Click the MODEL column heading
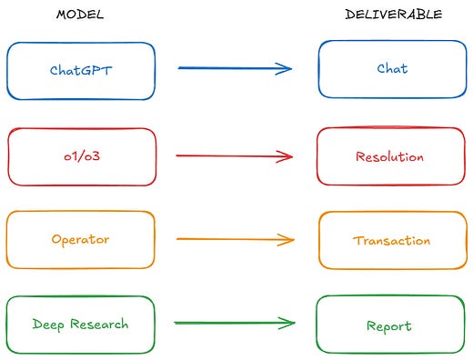click(x=79, y=15)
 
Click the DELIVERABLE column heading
click(x=394, y=15)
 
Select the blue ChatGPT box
click(x=81, y=70)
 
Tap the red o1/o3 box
click(x=81, y=156)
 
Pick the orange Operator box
click(x=80, y=240)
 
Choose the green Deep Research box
click(x=80, y=324)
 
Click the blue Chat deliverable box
click(x=392, y=69)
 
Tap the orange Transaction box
click(x=392, y=240)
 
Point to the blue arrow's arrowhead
click(x=287, y=68)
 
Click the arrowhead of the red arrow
click(x=287, y=156)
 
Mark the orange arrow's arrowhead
click(x=288, y=240)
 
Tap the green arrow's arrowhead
click(x=289, y=323)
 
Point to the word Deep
click(x=47, y=325)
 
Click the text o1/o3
click(x=81, y=156)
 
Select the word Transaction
click(x=392, y=240)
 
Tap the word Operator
click(x=80, y=240)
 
